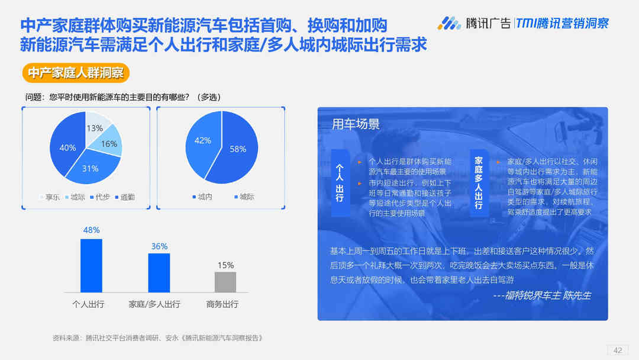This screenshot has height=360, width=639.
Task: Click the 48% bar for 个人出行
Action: point(91,265)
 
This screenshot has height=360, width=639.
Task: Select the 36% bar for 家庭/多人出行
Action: point(159,273)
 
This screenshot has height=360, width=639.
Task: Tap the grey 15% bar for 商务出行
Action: point(225,282)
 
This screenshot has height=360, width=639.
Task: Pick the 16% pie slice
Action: point(108,143)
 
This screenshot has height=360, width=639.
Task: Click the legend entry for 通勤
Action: point(125,197)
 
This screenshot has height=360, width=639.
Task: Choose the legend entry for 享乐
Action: point(50,197)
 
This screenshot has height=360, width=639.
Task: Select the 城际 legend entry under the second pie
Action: point(244,197)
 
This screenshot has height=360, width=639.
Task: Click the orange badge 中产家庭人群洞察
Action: point(76,73)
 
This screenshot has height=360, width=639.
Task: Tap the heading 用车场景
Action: point(356,124)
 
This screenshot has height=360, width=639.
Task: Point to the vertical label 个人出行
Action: point(340,182)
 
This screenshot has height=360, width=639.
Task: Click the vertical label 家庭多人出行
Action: point(479,182)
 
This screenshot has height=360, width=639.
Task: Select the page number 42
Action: point(618,350)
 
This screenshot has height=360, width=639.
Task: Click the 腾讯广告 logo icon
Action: point(448,23)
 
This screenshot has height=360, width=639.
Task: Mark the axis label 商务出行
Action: point(222,304)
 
